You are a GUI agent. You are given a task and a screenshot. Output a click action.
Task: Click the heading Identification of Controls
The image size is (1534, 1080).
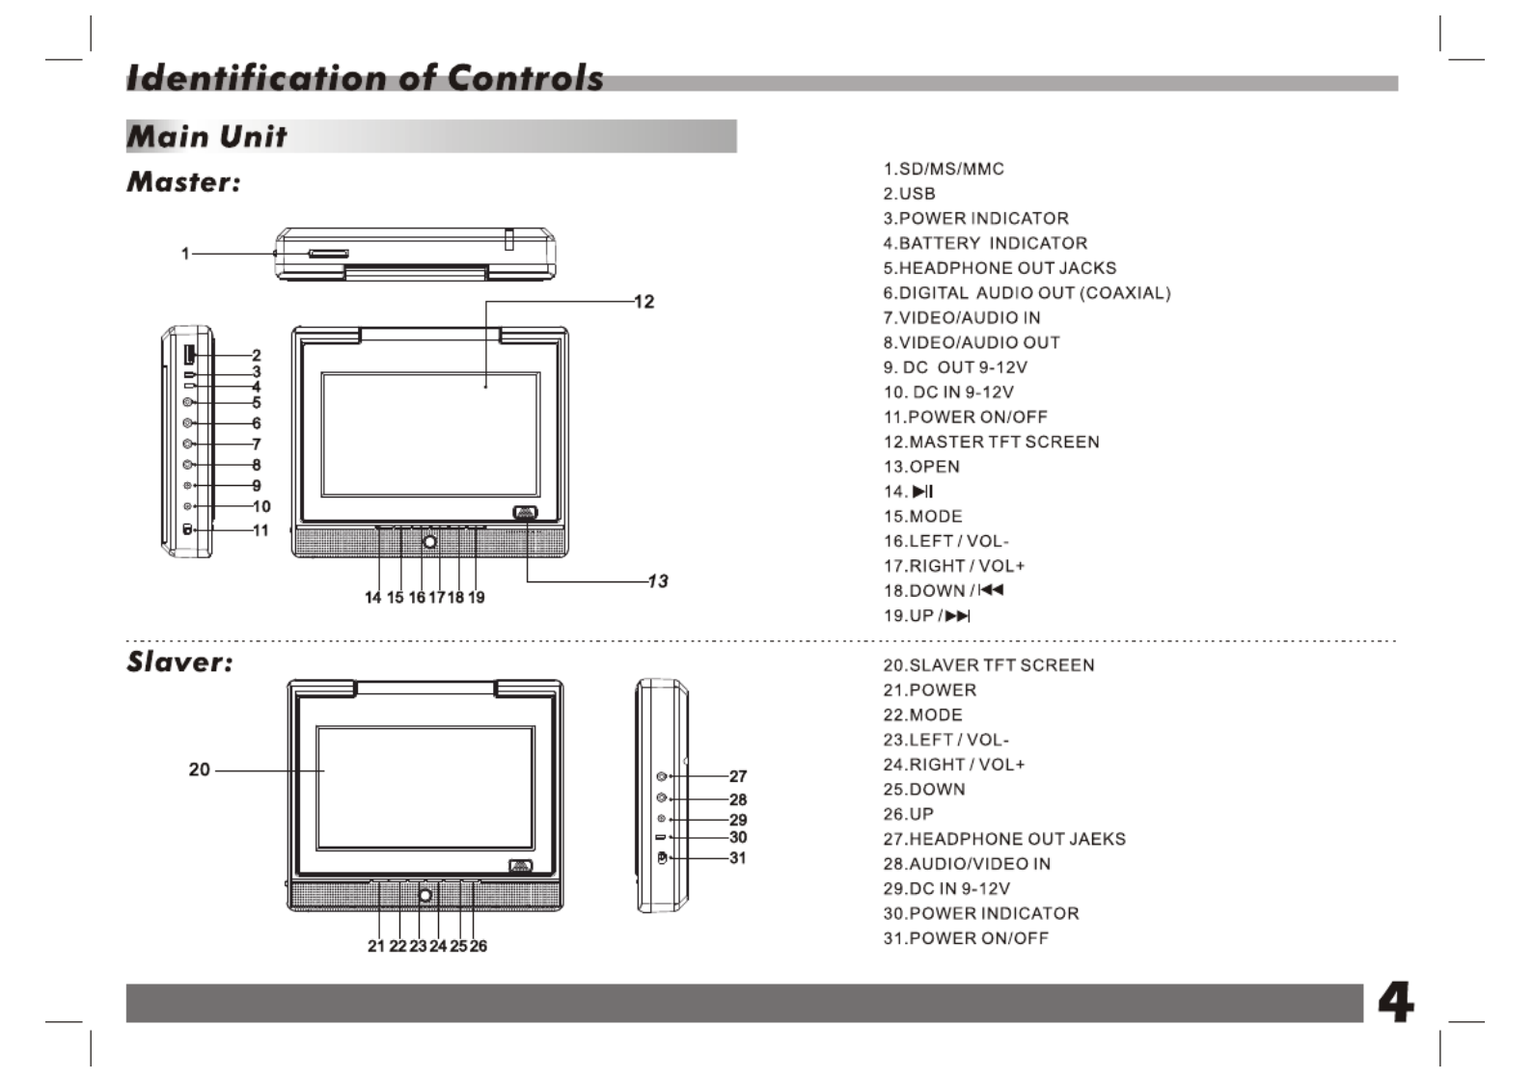tap(365, 78)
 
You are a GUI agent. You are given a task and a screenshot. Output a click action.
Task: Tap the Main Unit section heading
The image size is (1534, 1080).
tap(206, 136)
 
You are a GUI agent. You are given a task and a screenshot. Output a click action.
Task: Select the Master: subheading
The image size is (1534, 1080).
tap(183, 181)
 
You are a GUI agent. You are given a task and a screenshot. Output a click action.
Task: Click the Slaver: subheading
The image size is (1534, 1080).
tap(179, 661)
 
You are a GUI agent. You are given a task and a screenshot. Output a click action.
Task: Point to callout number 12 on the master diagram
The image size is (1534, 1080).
tap(644, 302)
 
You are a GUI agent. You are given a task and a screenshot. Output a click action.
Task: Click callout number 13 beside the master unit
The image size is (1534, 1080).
tap(658, 580)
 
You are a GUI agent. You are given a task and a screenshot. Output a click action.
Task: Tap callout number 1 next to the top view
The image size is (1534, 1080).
tap(185, 254)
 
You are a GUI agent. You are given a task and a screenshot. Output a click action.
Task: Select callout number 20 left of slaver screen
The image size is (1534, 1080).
tap(199, 769)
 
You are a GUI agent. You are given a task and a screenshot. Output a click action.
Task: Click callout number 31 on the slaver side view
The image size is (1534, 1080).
tap(738, 857)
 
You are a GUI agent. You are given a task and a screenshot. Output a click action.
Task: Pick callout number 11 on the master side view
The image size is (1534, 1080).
tap(260, 529)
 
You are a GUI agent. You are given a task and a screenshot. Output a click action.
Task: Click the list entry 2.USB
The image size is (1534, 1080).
tap(909, 194)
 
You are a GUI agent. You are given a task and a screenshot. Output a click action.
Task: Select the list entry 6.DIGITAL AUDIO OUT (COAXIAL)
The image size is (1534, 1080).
tap(1027, 293)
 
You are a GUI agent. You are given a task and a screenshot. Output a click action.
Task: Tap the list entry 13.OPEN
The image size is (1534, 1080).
tap(921, 467)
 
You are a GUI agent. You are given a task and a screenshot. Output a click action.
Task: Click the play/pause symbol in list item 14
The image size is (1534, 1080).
tap(922, 492)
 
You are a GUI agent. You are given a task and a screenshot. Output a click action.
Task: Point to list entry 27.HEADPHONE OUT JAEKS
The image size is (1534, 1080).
tap(1004, 839)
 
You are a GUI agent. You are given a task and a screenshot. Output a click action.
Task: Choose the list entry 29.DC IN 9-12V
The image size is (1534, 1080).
tap(946, 889)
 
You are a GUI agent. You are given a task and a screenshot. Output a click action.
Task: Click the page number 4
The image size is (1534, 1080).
tap(1395, 1003)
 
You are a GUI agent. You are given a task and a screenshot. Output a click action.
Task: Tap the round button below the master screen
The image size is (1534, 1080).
tap(430, 542)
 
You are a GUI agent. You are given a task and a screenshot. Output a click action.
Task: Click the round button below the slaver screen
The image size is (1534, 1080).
tap(425, 896)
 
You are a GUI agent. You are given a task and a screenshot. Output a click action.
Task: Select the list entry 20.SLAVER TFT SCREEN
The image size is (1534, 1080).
tap(989, 665)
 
